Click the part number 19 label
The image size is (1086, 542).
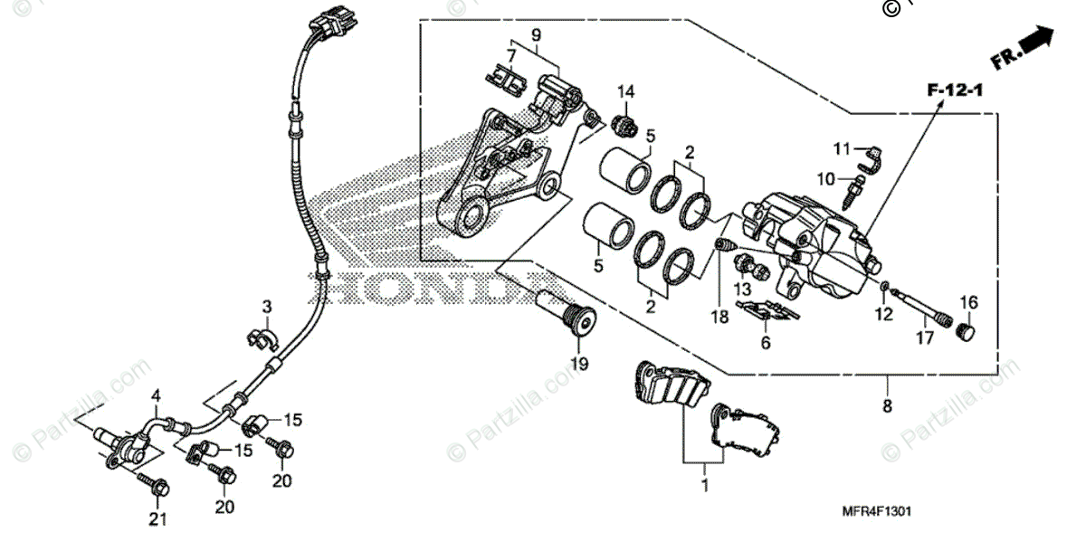578,364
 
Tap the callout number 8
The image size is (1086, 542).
887,406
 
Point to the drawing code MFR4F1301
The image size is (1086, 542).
881,512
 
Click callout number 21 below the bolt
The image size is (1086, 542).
159,518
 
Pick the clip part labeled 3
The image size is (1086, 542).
262,337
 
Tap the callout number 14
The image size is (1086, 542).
626,90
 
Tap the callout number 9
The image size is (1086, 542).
536,34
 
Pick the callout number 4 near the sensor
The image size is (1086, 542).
156,395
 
